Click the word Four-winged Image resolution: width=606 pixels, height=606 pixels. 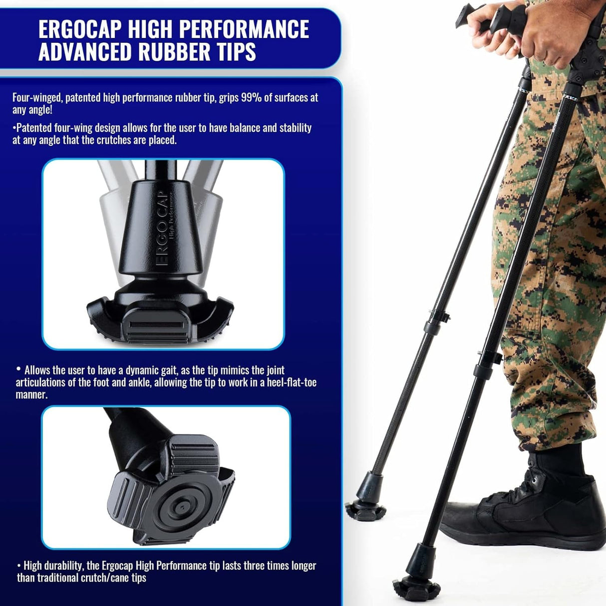(x=37, y=97)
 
